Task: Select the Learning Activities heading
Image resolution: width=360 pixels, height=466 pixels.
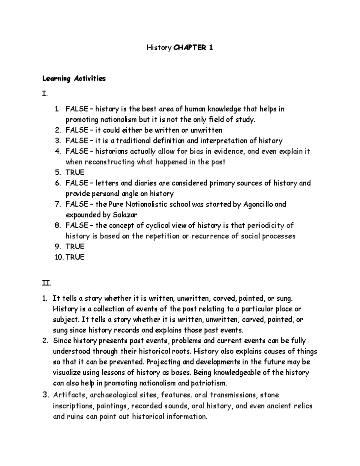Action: point(74,79)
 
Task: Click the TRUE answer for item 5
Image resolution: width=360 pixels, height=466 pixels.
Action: point(75,173)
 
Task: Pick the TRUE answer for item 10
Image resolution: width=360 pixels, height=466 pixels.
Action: point(75,257)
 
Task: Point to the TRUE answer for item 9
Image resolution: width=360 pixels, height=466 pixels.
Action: point(75,247)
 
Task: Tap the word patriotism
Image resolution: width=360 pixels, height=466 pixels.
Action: point(207,383)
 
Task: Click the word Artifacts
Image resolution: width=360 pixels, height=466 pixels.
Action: point(67,395)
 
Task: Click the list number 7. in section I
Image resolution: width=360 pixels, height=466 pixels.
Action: point(58,205)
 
